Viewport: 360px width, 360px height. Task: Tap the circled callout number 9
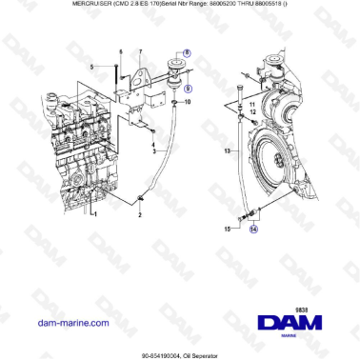pos(187,89)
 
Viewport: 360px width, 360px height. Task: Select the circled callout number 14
pos(251,229)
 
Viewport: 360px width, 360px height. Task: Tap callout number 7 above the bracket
pos(141,50)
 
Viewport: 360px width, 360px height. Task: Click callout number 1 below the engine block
pos(93,214)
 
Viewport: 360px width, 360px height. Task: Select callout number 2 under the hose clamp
pos(139,214)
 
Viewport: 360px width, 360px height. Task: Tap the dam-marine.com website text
pos(71,296)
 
